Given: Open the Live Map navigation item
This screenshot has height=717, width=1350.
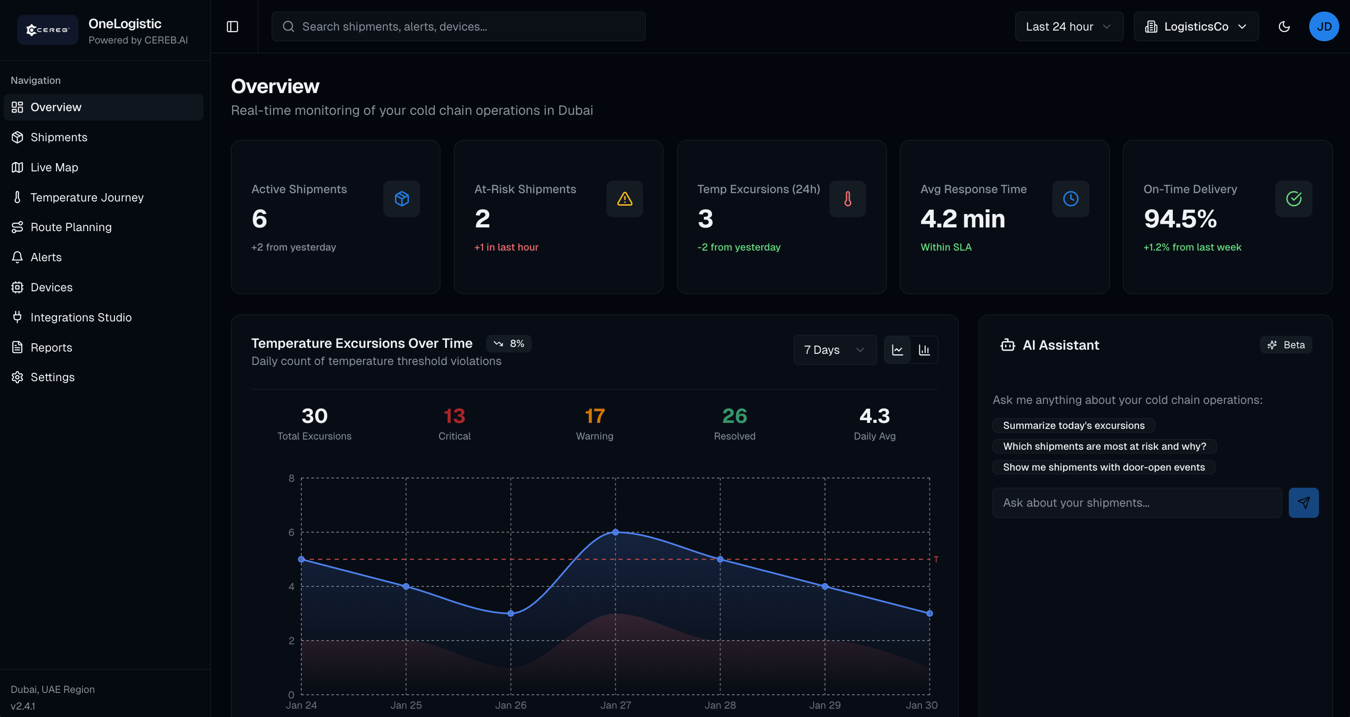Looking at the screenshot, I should click(54, 167).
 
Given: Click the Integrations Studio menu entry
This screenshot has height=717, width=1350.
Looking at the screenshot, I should click(81, 317).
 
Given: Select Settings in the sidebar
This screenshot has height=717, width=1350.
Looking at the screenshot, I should click(52, 377).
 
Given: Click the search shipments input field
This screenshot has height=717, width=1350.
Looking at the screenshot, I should click(458, 27).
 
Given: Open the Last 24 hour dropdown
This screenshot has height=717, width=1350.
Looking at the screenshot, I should click(1068, 27).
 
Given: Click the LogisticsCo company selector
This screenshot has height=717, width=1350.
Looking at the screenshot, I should click(1196, 27).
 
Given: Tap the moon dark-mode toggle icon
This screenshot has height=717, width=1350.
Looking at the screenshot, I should click(1284, 27).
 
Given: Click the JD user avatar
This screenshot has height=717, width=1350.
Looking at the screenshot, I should click(1323, 27).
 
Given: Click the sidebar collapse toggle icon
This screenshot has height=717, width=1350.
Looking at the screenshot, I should click(232, 27).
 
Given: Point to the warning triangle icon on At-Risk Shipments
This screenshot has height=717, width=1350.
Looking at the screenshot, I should click(624, 199).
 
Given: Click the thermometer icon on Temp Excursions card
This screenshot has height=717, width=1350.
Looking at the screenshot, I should click(847, 199).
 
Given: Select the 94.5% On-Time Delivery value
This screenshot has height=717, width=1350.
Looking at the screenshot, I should click(1180, 219).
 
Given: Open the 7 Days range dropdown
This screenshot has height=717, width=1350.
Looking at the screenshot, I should click(834, 350).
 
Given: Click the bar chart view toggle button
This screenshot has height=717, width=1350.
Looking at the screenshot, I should click(924, 350).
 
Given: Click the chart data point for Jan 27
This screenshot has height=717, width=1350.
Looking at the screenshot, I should click(615, 532).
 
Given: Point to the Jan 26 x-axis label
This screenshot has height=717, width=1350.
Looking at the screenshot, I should click(510, 705).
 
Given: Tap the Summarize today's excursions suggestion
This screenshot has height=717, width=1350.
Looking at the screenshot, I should click(1073, 425).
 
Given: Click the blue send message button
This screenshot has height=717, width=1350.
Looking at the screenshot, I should click(1303, 503).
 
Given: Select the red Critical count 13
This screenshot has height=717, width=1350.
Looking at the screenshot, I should click(454, 416).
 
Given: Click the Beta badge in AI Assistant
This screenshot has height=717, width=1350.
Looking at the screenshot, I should click(1286, 345).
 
